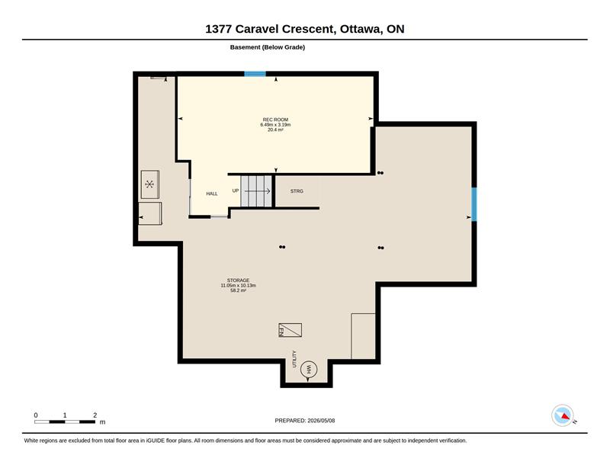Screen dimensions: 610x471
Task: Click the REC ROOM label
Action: click(275, 120)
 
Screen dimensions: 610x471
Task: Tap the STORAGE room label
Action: click(238, 280)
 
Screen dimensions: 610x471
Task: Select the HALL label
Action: click(212, 194)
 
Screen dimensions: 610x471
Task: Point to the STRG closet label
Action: click(297, 191)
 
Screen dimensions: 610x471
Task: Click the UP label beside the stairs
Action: click(236, 191)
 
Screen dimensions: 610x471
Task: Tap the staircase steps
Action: click(256, 191)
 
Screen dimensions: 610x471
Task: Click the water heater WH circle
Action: click(309, 369)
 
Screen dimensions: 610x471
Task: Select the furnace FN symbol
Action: click(291, 330)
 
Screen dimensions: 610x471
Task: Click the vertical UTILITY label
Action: click(294, 359)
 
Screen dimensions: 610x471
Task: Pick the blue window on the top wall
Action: click(255, 74)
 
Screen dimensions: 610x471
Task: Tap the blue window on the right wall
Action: click(474, 204)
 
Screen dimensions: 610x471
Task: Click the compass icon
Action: click(563, 415)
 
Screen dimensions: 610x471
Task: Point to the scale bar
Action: click(65, 422)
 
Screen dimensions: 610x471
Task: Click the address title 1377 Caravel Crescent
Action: click(269, 29)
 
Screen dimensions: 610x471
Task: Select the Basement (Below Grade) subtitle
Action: click(268, 47)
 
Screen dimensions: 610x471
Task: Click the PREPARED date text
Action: click(305, 421)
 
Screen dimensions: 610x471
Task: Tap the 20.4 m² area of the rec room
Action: click(275, 130)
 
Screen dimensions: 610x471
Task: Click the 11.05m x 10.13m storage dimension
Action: click(238, 286)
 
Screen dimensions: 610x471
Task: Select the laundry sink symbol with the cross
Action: click(149, 184)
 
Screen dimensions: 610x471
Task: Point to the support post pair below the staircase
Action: click(282, 247)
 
